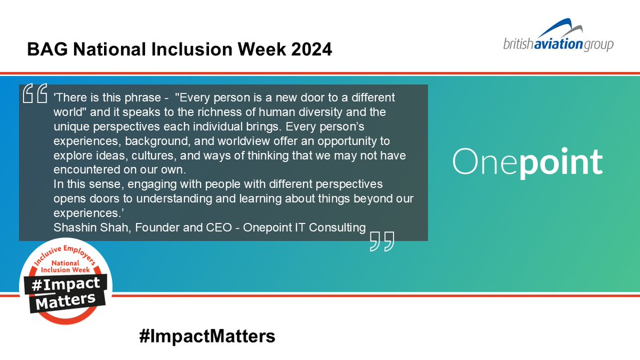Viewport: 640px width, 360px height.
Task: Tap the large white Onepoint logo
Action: click(x=527, y=162)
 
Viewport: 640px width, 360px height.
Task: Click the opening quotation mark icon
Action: click(x=35, y=94)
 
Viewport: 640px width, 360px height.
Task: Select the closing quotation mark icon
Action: click(x=382, y=242)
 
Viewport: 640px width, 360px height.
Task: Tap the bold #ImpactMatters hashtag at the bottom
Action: click(x=206, y=337)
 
